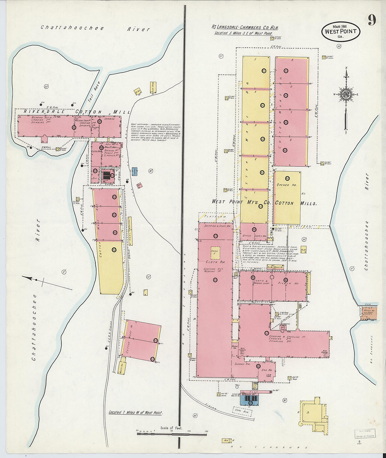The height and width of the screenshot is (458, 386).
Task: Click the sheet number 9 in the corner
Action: (372, 20)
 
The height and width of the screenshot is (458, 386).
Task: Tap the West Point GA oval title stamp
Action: (340, 32)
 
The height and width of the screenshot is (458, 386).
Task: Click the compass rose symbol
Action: (346, 94)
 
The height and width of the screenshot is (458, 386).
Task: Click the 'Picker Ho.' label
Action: (288, 283)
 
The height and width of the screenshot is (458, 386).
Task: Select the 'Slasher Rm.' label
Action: (242, 364)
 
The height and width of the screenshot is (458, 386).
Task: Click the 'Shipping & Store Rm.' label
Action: (215, 226)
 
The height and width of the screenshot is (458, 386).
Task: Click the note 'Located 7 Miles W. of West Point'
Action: (135, 413)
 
